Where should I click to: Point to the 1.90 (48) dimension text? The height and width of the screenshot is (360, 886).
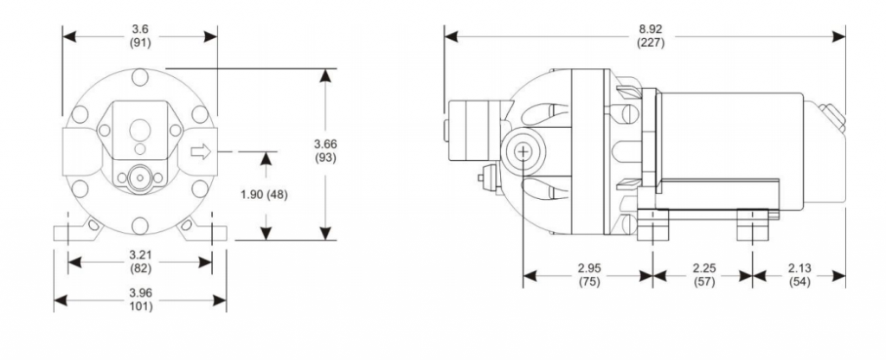tap(265, 195)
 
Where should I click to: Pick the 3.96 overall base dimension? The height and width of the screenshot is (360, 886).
tap(140, 293)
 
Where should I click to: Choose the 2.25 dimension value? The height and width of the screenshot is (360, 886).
tap(702, 269)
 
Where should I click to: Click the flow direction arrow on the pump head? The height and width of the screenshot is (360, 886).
tap(200, 152)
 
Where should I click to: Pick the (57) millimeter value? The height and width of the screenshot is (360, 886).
tap(702, 282)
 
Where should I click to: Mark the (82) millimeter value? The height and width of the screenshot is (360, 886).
tap(140, 269)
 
